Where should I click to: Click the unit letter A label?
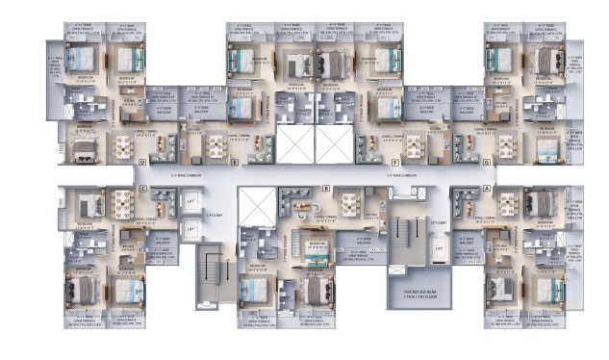click(x=487, y=189)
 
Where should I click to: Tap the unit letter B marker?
click(x=326, y=189)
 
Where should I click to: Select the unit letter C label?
click(x=142, y=189)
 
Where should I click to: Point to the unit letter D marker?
click(x=142, y=163)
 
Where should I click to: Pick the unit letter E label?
click(x=235, y=163)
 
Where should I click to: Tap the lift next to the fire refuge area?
click(x=440, y=248)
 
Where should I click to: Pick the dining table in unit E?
click(x=213, y=145)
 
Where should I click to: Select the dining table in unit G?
click(x=503, y=145)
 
